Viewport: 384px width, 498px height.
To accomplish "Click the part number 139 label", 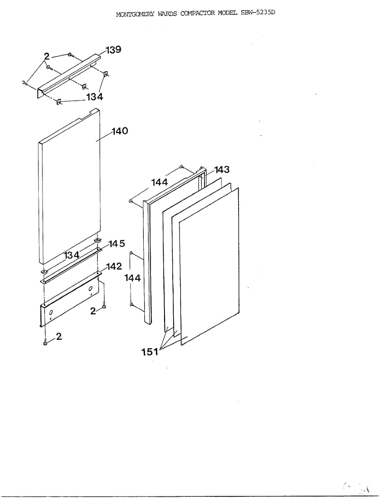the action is (113, 50).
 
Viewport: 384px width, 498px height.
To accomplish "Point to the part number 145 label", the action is (117, 244).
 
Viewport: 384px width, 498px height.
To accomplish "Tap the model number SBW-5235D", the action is (258, 12).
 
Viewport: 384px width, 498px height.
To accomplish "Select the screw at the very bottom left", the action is (45, 342).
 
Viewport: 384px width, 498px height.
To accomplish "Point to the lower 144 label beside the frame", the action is (133, 278).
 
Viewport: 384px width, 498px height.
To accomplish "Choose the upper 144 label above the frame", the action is (159, 182).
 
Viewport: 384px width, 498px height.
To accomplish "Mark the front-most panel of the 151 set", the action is (209, 266).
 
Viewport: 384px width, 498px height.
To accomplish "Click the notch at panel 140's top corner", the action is (92, 112).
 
